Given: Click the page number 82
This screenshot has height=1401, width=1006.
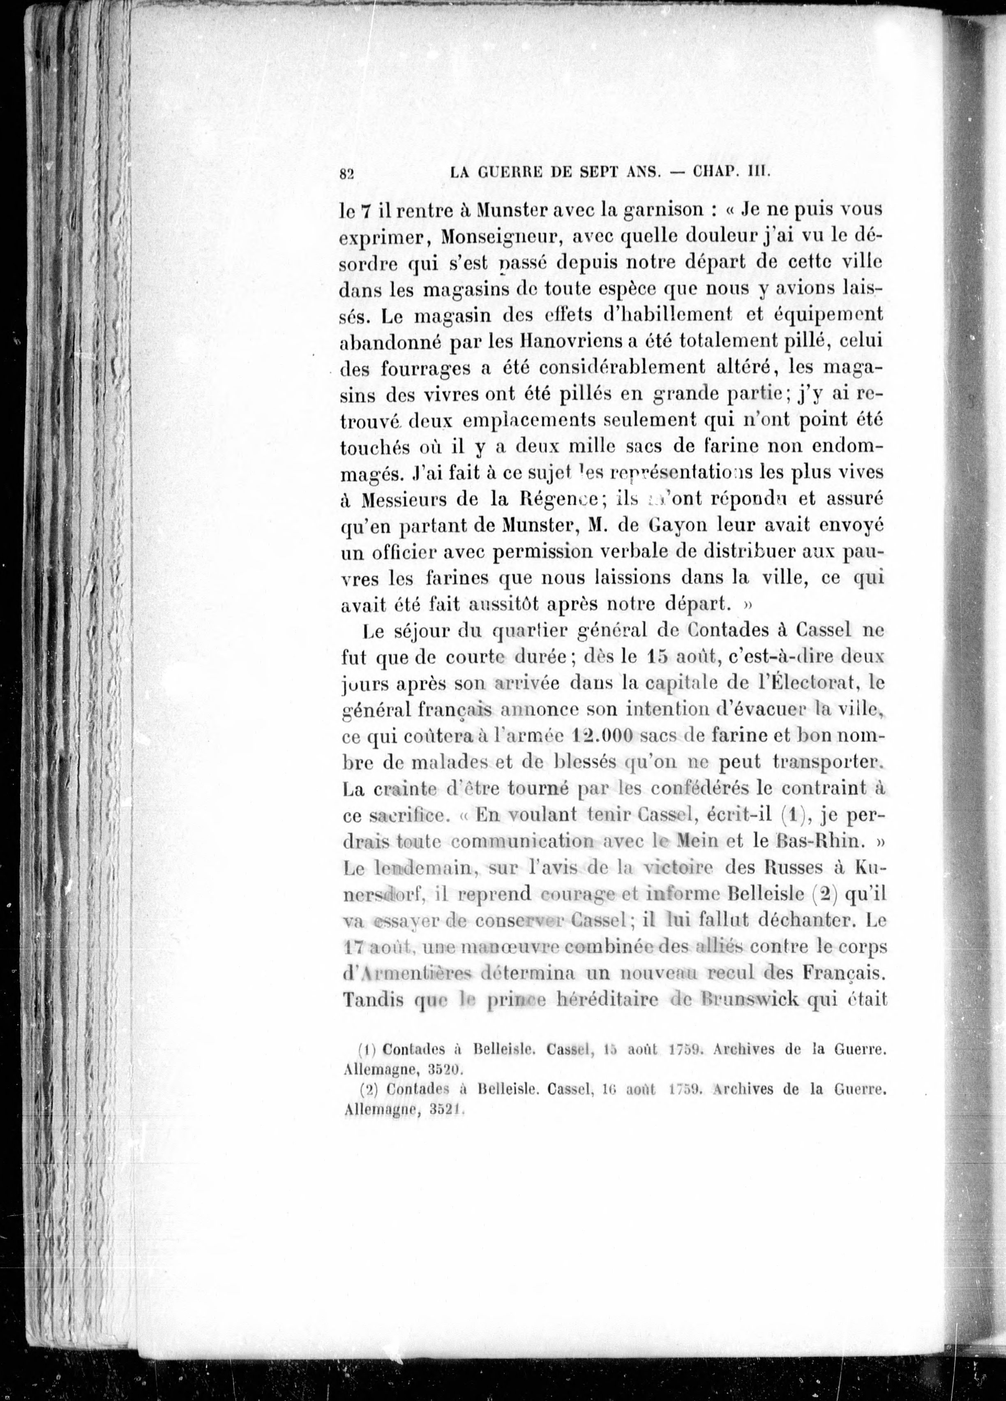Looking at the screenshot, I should coord(346,174).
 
